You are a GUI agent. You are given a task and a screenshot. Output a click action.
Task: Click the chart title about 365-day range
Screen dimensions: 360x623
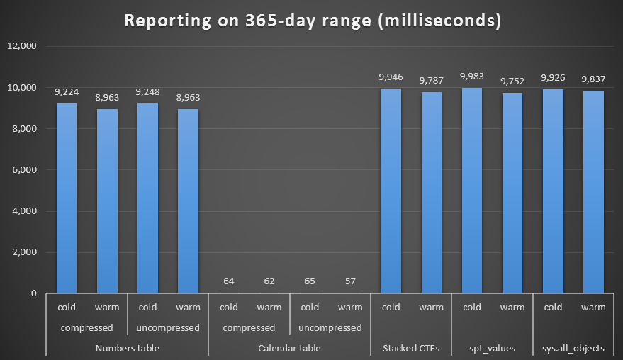click(313, 21)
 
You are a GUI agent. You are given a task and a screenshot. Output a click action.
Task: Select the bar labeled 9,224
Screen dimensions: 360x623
click(67, 198)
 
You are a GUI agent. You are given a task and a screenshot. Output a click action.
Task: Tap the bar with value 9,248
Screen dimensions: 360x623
click(147, 198)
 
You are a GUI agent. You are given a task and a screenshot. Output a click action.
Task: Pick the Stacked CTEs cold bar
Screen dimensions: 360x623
click(391, 191)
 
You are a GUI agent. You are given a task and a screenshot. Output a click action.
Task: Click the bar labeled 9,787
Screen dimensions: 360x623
click(431, 193)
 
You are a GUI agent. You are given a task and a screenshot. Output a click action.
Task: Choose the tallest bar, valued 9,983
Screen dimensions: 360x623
click(471, 191)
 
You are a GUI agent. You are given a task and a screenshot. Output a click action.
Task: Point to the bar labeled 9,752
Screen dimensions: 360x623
click(512, 193)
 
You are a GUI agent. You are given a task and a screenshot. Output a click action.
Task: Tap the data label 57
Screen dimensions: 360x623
click(350, 281)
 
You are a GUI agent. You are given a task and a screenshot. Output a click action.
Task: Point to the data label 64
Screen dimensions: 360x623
click(229, 281)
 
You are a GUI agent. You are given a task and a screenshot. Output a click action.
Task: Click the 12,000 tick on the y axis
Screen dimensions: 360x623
click(23, 47)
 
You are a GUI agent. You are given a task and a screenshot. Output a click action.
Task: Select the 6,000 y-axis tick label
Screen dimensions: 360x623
click(25, 170)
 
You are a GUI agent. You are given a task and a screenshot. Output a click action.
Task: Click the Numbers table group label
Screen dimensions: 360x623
click(128, 348)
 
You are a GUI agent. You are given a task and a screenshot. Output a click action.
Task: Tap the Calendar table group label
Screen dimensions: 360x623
click(289, 348)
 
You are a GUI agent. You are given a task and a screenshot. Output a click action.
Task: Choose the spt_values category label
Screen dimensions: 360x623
click(491, 348)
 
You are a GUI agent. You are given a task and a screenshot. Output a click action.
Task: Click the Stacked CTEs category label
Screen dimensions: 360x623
click(410, 348)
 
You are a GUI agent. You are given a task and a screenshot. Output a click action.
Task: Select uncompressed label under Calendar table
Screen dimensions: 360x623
click(330, 327)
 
